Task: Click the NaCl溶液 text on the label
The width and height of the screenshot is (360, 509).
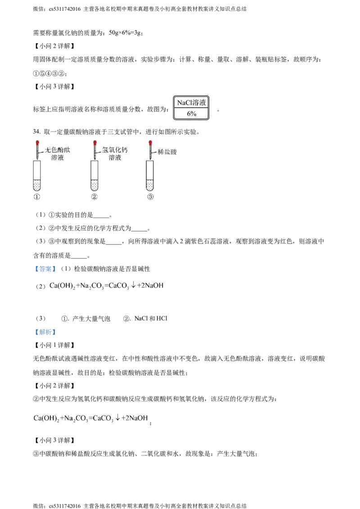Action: click(191, 103)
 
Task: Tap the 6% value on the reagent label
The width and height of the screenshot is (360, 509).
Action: click(192, 114)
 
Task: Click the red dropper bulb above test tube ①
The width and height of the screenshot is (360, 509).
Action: click(38, 143)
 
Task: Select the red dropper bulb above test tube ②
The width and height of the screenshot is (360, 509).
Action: click(94, 143)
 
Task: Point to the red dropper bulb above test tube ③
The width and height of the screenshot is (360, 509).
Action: click(150, 143)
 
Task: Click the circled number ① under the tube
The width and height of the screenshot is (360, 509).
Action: click(38, 197)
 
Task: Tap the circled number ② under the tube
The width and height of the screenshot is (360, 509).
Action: click(94, 197)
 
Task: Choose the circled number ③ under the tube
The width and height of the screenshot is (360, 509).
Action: click(150, 197)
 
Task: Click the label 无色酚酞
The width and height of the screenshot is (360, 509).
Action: click(58, 150)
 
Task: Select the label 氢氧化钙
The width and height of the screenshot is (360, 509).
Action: click(115, 150)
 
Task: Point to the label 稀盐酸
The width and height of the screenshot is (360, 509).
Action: click(167, 152)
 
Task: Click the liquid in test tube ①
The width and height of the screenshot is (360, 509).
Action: click(38, 185)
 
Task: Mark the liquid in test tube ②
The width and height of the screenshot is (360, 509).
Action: click(94, 185)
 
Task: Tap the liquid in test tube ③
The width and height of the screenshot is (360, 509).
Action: click(150, 185)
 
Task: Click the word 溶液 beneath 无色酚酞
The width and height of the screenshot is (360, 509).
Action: click(58, 158)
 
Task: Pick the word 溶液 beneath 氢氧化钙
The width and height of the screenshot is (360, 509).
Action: click(115, 158)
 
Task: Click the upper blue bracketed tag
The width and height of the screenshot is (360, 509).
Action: click(45, 269)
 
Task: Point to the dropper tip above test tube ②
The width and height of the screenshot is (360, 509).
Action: click(94, 157)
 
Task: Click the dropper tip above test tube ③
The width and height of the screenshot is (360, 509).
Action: click(150, 157)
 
